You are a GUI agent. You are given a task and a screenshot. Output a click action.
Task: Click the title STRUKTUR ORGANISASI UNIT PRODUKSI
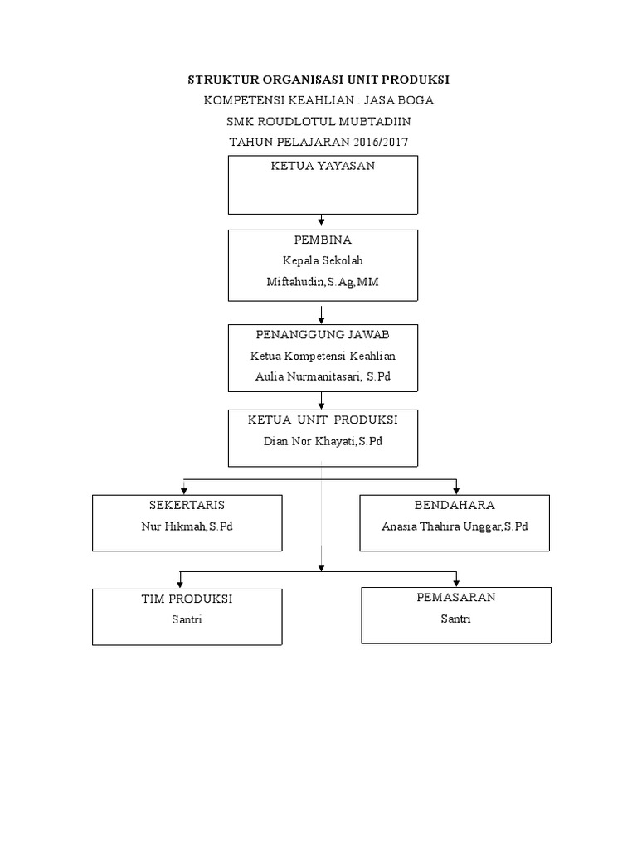click(318, 80)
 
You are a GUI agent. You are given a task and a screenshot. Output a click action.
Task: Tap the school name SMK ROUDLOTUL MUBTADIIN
click(318, 121)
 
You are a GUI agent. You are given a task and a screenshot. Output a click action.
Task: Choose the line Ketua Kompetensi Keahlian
click(323, 356)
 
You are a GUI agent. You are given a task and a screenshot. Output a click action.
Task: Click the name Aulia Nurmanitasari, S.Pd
click(323, 376)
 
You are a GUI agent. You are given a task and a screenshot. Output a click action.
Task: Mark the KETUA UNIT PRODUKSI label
click(323, 420)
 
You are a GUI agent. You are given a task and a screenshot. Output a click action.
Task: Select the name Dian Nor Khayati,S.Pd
click(323, 441)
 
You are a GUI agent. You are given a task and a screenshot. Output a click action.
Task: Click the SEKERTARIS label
click(187, 505)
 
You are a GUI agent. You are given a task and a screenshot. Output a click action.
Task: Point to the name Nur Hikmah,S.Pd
click(187, 526)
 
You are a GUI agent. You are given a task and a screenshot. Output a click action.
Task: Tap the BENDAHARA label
click(455, 505)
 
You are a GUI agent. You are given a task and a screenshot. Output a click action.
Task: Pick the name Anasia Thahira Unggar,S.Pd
click(455, 526)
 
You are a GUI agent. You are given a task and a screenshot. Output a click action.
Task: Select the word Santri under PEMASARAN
click(455, 619)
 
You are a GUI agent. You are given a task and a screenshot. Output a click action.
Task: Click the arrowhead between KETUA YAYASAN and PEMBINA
click(322, 221)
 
